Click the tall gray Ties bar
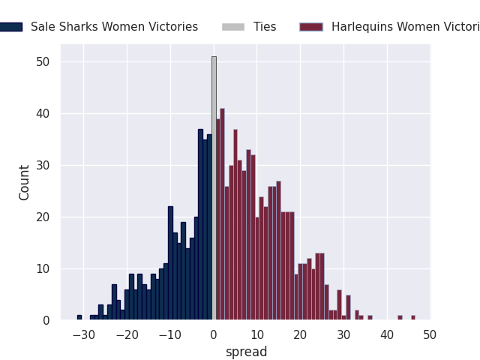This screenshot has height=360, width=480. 214,187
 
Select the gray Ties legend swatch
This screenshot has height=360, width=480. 232,27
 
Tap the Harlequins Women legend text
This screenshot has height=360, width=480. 405,27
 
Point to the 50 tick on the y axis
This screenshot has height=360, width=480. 43,62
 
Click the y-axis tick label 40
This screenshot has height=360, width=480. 43,114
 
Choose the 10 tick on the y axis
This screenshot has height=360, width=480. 43,268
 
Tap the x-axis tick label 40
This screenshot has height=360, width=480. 387,334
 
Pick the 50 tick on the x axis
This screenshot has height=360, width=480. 430,334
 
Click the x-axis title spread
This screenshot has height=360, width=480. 246,352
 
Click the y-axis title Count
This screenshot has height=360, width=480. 25,182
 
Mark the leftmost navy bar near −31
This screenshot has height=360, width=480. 79,317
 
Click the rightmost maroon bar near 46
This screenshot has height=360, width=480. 413,317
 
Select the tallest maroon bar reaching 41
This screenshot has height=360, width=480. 222,217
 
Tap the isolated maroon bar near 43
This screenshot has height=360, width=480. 400,317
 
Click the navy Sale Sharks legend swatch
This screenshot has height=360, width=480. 11,27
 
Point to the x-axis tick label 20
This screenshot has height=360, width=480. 301,334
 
